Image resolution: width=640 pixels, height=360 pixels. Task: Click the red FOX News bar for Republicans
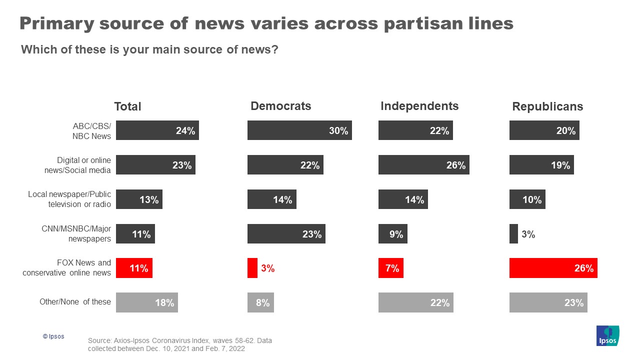point(553,268)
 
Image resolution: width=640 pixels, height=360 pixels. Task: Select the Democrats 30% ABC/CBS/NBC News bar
point(299,130)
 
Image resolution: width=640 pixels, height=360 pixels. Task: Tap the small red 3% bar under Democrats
point(252,268)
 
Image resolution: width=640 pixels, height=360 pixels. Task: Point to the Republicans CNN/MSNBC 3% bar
point(513,233)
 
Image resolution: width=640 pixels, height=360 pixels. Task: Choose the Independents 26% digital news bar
point(423,164)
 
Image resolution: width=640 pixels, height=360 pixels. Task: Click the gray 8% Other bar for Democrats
point(260,302)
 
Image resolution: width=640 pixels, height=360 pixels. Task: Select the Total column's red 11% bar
point(134,268)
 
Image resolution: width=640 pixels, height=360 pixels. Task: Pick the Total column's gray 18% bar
point(146,302)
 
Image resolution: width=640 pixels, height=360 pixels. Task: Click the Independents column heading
point(419,106)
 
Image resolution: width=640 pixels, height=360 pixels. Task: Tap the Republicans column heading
point(547,106)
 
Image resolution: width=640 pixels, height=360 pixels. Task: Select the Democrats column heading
point(280,106)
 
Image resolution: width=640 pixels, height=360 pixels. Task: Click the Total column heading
point(127,106)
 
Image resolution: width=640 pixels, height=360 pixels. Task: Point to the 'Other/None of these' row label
point(75,302)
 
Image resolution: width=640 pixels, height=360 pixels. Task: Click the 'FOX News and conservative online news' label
point(66,268)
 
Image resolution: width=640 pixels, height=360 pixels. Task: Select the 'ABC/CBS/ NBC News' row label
point(91,131)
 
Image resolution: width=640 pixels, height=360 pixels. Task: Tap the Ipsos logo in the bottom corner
point(607,335)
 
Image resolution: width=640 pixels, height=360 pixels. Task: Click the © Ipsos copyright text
point(53,336)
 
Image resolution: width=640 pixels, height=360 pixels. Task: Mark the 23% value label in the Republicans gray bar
point(573,302)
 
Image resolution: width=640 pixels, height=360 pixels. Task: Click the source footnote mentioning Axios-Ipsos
point(179,344)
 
